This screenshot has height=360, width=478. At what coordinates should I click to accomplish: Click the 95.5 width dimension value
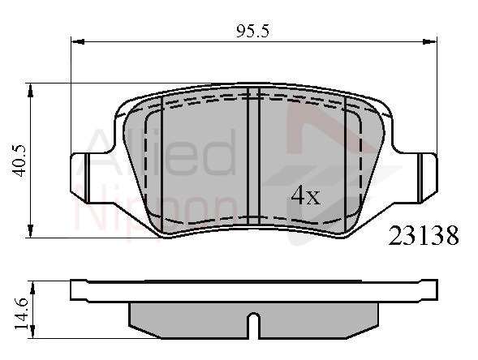click(253, 31)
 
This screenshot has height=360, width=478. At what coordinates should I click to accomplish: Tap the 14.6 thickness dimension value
click(21, 314)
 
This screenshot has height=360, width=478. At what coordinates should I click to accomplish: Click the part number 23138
click(424, 236)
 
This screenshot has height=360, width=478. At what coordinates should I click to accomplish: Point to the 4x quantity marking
click(305, 195)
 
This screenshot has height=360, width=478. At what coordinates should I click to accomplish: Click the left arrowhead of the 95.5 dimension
click(78, 41)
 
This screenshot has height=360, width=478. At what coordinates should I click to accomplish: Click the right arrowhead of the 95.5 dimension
click(430, 41)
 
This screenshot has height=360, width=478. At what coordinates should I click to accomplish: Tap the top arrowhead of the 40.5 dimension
click(30, 90)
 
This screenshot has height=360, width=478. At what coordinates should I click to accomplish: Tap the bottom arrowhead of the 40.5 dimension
click(30, 231)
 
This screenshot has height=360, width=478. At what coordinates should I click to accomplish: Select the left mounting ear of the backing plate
click(80, 177)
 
